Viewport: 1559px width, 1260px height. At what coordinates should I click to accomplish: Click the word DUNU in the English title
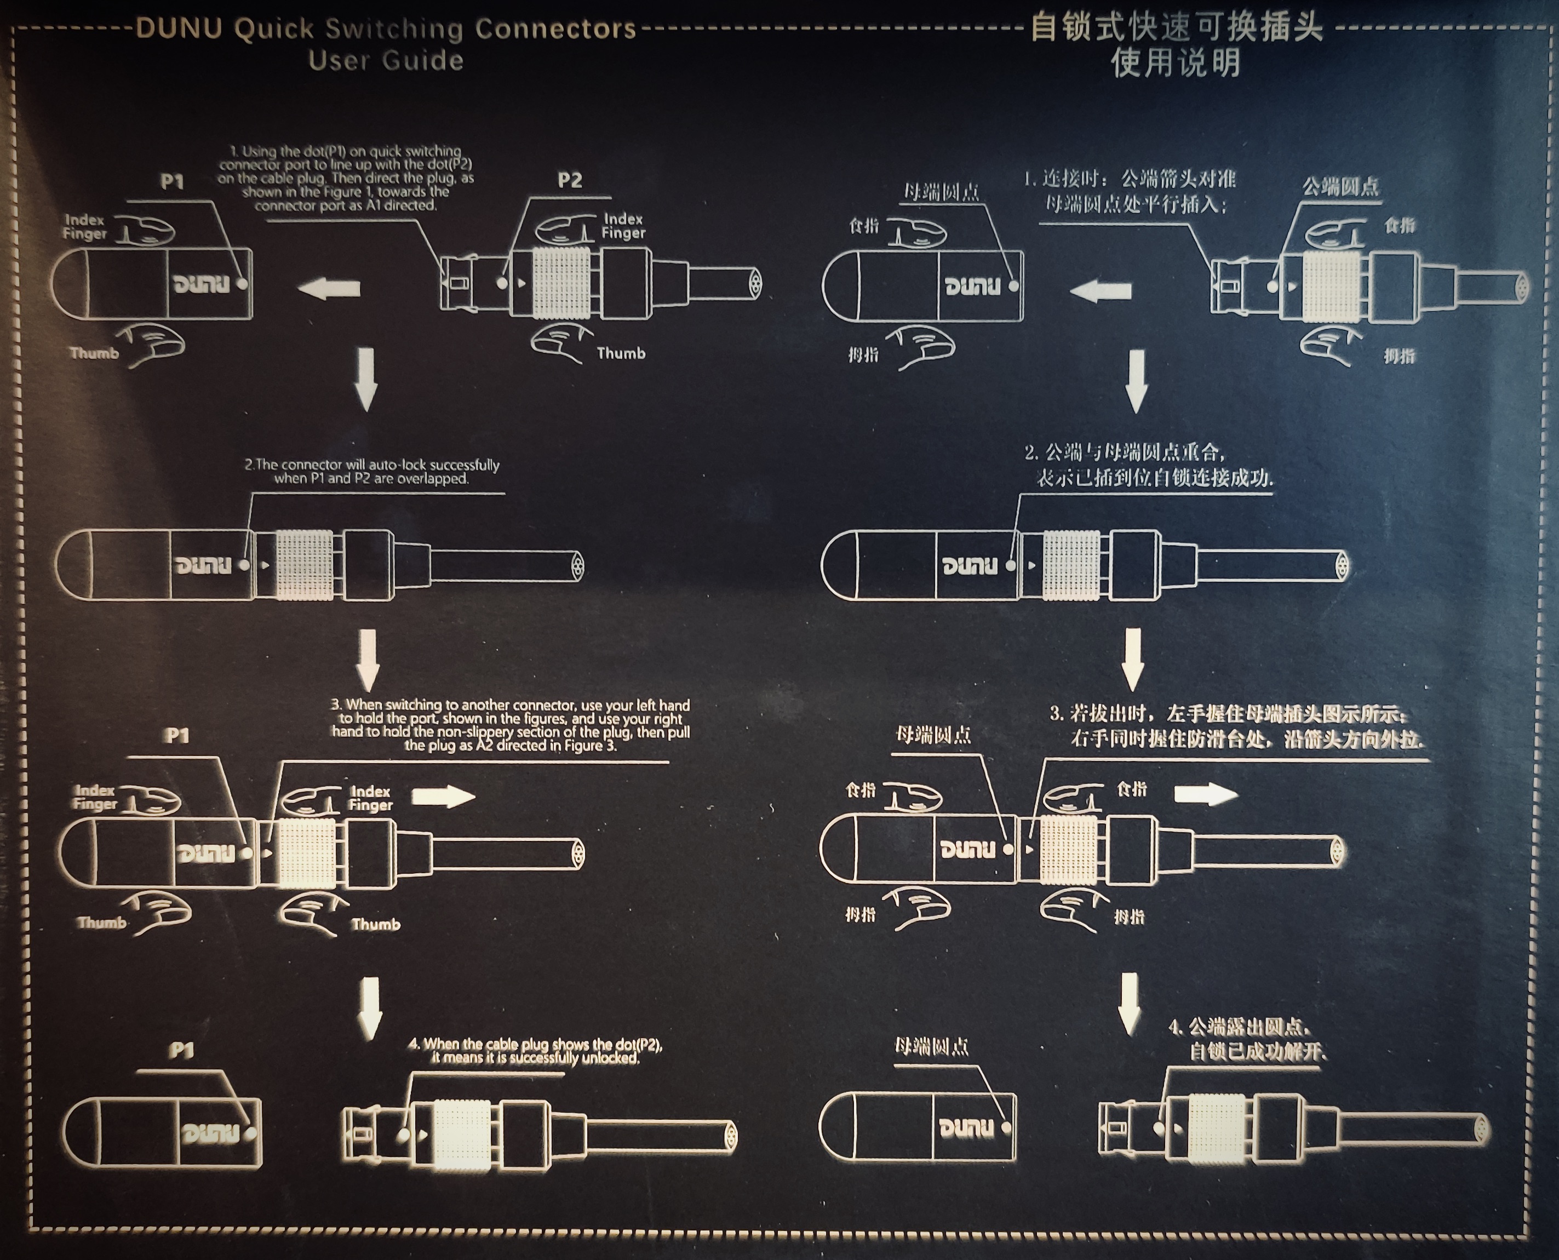click(x=179, y=29)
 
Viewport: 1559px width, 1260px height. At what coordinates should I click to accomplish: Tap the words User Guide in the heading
click(x=386, y=60)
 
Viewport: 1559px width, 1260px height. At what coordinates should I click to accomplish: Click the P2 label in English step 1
click(x=570, y=180)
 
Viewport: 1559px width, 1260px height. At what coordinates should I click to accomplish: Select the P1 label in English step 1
click(x=172, y=181)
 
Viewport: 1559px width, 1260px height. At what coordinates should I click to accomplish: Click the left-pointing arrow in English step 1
click(x=329, y=289)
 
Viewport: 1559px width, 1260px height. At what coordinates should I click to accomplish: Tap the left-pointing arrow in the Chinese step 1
click(x=1101, y=291)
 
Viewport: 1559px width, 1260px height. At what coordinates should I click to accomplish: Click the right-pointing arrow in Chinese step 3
click(x=1206, y=794)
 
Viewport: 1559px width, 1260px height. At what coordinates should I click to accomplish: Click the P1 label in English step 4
click(x=181, y=1050)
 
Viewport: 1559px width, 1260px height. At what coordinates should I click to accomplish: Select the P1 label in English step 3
click(x=176, y=736)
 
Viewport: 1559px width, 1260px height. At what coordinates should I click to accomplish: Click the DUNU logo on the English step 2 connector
click(x=203, y=565)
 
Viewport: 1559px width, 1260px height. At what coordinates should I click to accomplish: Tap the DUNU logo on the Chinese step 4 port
click(x=965, y=1128)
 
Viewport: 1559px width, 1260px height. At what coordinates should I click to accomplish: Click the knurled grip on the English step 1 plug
click(x=561, y=283)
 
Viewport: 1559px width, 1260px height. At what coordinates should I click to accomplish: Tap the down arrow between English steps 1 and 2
click(x=366, y=379)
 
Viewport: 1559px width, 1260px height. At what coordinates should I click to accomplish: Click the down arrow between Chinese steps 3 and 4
click(x=1128, y=1004)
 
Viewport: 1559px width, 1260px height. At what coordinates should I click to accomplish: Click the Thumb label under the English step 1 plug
click(x=621, y=353)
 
